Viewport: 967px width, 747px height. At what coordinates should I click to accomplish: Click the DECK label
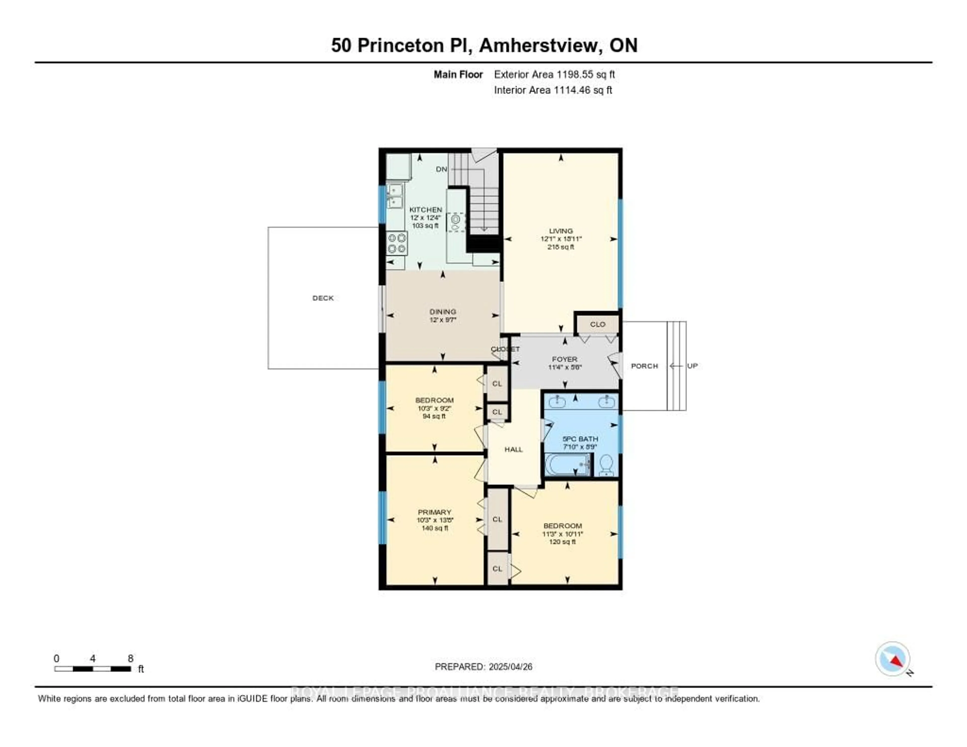[x=323, y=298]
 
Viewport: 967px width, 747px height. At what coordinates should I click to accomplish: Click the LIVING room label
[x=561, y=231]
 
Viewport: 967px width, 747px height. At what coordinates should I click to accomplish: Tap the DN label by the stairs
[x=441, y=169]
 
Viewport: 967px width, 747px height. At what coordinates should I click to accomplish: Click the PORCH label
[x=644, y=366]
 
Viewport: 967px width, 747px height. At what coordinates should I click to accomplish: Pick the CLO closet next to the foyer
[x=597, y=324]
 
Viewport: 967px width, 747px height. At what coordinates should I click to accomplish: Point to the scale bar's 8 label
[x=131, y=658]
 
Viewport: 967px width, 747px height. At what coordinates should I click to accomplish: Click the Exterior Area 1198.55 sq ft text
[x=554, y=74]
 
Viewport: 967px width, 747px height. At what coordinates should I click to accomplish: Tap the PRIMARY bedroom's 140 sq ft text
[x=435, y=528]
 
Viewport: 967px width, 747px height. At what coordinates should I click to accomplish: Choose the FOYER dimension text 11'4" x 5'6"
[x=565, y=367]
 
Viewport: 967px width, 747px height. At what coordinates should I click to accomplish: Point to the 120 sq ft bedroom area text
[x=562, y=541]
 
